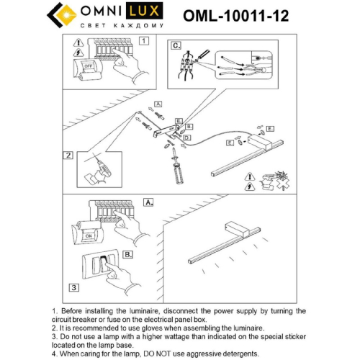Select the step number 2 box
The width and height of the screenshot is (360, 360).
(x=68, y=155)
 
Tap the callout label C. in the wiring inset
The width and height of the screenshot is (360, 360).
(x=175, y=45)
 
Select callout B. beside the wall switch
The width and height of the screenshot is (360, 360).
(x=127, y=254)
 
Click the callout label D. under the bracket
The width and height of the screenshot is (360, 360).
(x=187, y=137)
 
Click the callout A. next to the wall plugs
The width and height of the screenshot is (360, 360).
(x=158, y=105)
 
